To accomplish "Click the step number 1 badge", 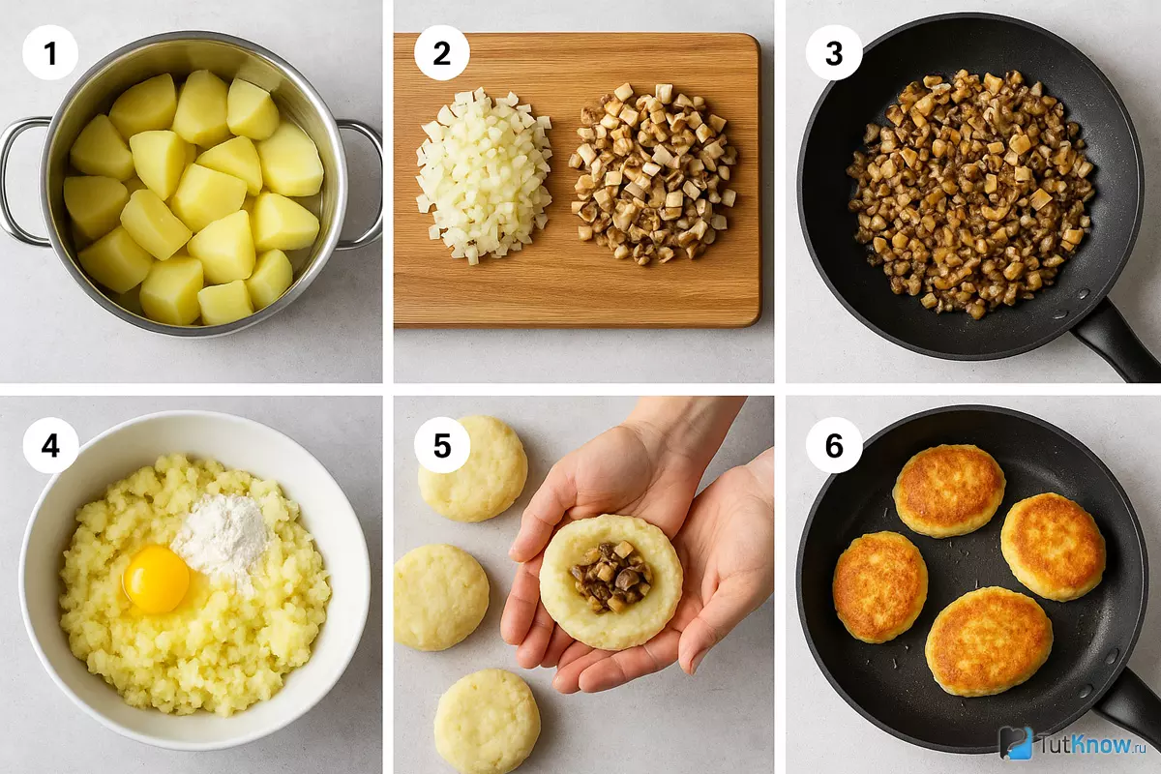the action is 50,52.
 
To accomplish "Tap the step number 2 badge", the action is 441,52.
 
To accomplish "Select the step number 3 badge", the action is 834,52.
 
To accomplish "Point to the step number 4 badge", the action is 50,445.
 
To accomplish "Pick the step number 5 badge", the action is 441,445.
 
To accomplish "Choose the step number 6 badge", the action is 834,445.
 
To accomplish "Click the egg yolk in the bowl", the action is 156,580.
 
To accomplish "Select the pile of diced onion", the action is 483,175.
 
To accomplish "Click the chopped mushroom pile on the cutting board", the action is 653,174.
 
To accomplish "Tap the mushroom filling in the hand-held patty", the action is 611,577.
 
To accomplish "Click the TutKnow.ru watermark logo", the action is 1073,744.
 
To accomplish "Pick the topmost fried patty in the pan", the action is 948,491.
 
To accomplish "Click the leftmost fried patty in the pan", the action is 880,587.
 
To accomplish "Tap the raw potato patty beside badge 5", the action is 473,468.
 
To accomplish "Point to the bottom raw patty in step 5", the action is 487,722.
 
